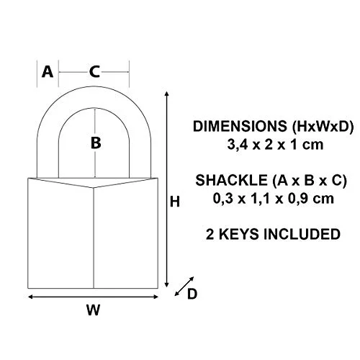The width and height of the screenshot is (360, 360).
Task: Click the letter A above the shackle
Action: point(48,72)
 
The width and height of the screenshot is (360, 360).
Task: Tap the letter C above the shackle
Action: point(94,72)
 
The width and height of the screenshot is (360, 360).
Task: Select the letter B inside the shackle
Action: point(96,143)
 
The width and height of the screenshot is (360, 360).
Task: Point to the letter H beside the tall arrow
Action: point(175,202)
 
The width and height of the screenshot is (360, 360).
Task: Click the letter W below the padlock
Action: point(93,310)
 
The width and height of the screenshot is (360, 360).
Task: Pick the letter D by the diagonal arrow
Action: point(192,294)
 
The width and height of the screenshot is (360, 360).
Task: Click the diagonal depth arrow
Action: point(184,286)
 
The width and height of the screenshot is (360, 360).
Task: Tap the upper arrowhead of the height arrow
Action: point(167,94)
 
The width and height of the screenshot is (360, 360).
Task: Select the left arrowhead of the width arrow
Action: point(30,297)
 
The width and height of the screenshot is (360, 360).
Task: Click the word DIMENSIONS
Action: point(240,126)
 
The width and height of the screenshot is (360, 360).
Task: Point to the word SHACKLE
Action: point(231,180)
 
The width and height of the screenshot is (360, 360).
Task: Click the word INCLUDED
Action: point(302,234)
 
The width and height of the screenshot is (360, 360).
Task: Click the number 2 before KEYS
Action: point(210,234)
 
